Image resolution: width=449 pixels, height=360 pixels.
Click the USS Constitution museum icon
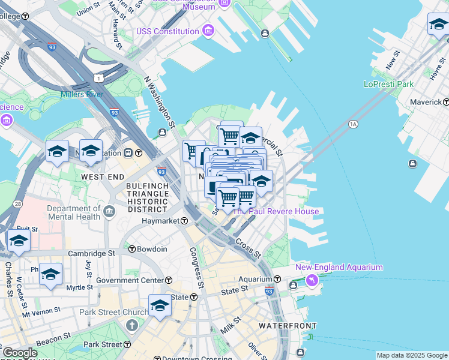click(208, 31)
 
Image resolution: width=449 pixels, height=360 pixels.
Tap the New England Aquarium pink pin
click(312, 280)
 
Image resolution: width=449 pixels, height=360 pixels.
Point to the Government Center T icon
click(169, 280)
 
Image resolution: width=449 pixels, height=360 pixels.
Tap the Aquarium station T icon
click(278, 279)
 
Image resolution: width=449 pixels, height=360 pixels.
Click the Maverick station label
click(426, 102)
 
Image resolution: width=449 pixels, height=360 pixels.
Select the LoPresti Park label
click(388, 84)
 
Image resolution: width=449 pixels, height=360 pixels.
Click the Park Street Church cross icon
click(131, 325)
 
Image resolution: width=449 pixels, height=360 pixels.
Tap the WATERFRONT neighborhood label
click(287, 325)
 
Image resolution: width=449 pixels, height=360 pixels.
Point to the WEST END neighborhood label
click(103, 177)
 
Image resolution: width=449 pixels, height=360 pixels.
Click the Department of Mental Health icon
click(109, 211)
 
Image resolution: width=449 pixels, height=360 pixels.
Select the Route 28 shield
click(17, 205)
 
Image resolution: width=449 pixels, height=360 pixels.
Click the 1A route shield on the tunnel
click(353, 124)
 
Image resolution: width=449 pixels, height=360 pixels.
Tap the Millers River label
click(82, 94)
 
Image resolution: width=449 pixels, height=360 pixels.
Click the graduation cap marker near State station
click(160, 305)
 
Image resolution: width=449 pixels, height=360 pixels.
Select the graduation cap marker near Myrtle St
click(50, 274)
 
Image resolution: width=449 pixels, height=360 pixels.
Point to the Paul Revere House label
click(276, 211)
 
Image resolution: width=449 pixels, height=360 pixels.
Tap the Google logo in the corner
click(19, 353)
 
